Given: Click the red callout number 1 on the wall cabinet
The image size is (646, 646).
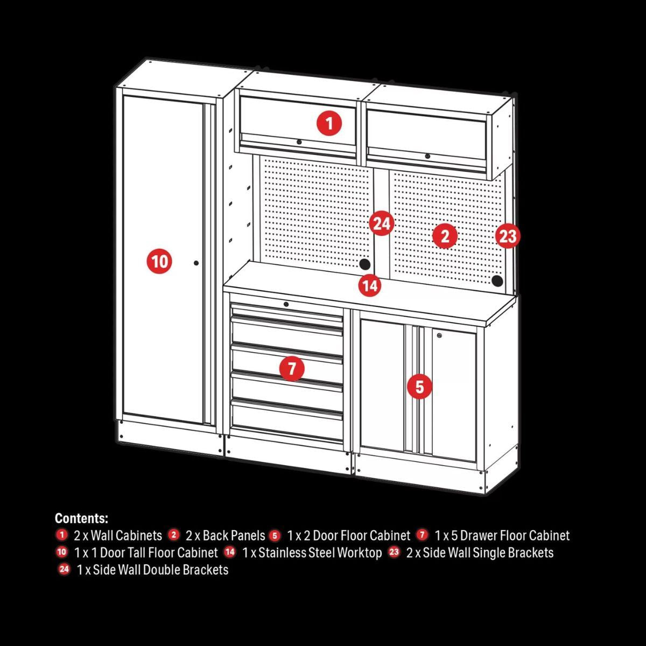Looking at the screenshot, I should pyautogui.click(x=329, y=124).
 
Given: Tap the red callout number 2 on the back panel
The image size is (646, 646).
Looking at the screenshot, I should pyautogui.click(x=445, y=236).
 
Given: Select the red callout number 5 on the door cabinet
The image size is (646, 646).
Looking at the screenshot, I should pyautogui.click(x=419, y=387).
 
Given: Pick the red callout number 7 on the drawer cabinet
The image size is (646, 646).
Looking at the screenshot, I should pyautogui.click(x=292, y=369).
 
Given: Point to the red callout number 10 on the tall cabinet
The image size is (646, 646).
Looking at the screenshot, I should pyautogui.click(x=159, y=262).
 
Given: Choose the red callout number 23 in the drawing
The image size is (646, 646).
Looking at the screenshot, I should pyautogui.click(x=508, y=236).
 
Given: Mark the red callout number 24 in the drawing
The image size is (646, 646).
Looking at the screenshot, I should pyautogui.click(x=381, y=223).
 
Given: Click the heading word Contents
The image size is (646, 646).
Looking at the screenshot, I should pyautogui.click(x=81, y=518).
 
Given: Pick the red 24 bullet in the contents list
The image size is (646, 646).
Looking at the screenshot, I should pyautogui.click(x=65, y=569).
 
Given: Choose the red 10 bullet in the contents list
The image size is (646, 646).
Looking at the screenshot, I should pyautogui.click(x=62, y=552).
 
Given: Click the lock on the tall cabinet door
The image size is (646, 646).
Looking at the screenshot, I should pyautogui.click(x=196, y=263).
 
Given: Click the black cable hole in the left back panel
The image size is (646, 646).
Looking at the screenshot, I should pyautogui.click(x=364, y=264).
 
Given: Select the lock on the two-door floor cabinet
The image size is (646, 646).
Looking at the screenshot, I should pyautogui.click(x=440, y=336).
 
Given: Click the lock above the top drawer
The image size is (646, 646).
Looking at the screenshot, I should pyautogui.click(x=286, y=305).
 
